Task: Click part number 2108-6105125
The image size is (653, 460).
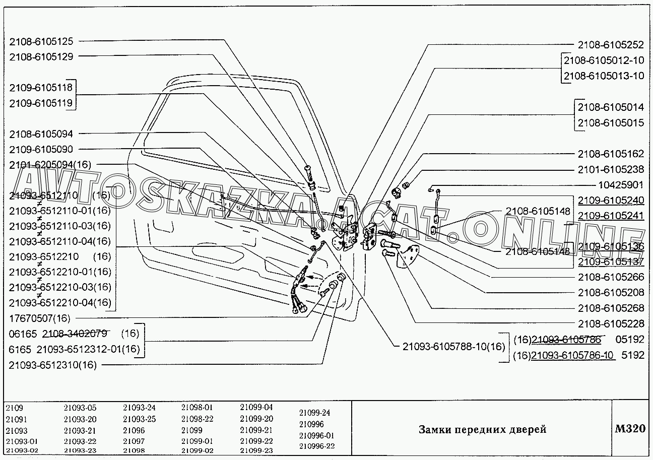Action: coord(41,41)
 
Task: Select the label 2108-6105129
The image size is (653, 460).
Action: coord(41,57)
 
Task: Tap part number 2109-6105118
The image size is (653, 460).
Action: coord(41,88)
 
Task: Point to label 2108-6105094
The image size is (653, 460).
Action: coord(41,134)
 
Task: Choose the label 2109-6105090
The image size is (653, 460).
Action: coord(41,150)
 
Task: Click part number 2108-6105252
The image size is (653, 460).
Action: coord(611,45)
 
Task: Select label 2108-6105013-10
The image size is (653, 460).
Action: coord(604,76)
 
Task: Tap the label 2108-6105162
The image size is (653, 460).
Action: coord(611,154)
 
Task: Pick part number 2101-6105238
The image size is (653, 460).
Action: coord(611,170)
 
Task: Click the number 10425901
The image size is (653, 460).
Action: coord(621,185)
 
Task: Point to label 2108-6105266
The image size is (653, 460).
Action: coord(611,277)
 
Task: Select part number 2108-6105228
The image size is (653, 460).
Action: coord(611,323)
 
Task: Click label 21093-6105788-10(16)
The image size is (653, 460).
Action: coord(453,347)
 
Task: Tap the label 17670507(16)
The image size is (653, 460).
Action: coord(40,318)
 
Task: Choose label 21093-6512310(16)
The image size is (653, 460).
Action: coord(52,365)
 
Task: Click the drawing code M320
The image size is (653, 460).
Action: coord(630,429)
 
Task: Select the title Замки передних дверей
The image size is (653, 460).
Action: coord(482,430)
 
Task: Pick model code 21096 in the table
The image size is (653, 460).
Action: coord(134,431)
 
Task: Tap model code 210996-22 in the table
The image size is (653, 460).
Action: coord(316,446)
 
